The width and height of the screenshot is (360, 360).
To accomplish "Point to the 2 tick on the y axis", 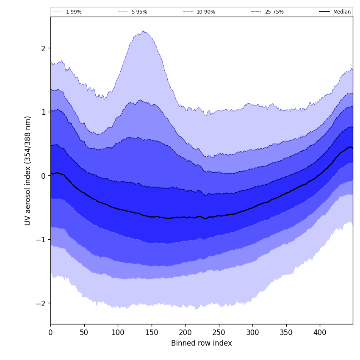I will pyautogui.click(x=43, y=48).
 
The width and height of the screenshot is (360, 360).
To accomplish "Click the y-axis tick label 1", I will pyautogui.click(x=43, y=112).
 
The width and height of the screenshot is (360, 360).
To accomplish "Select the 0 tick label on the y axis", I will pyautogui.click(x=43, y=176).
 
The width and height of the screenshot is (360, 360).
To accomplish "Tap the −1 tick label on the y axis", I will pyautogui.click(x=41, y=240).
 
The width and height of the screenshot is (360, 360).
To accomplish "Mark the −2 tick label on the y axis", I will pyautogui.click(x=41, y=303).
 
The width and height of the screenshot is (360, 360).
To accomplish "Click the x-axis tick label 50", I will pyautogui.click(x=84, y=332).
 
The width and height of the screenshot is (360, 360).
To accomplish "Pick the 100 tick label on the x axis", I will pyautogui.click(x=118, y=332).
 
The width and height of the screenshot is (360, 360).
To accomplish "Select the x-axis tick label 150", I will pyautogui.click(x=152, y=332).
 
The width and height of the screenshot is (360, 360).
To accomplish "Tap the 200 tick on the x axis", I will pyautogui.click(x=185, y=332).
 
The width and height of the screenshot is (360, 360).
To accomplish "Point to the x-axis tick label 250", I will pyautogui.click(x=219, y=332).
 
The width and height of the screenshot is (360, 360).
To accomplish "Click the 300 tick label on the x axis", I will pyautogui.click(x=252, y=332).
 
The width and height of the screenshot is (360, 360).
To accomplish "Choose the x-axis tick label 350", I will pyautogui.click(x=286, y=332).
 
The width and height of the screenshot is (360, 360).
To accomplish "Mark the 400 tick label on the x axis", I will pyautogui.click(x=320, y=332).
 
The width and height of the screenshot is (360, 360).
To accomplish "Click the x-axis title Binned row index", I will pyautogui.click(x=202, y=343).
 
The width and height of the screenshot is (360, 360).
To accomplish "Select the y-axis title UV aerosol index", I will pyautogui.click(x=28, y=170).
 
